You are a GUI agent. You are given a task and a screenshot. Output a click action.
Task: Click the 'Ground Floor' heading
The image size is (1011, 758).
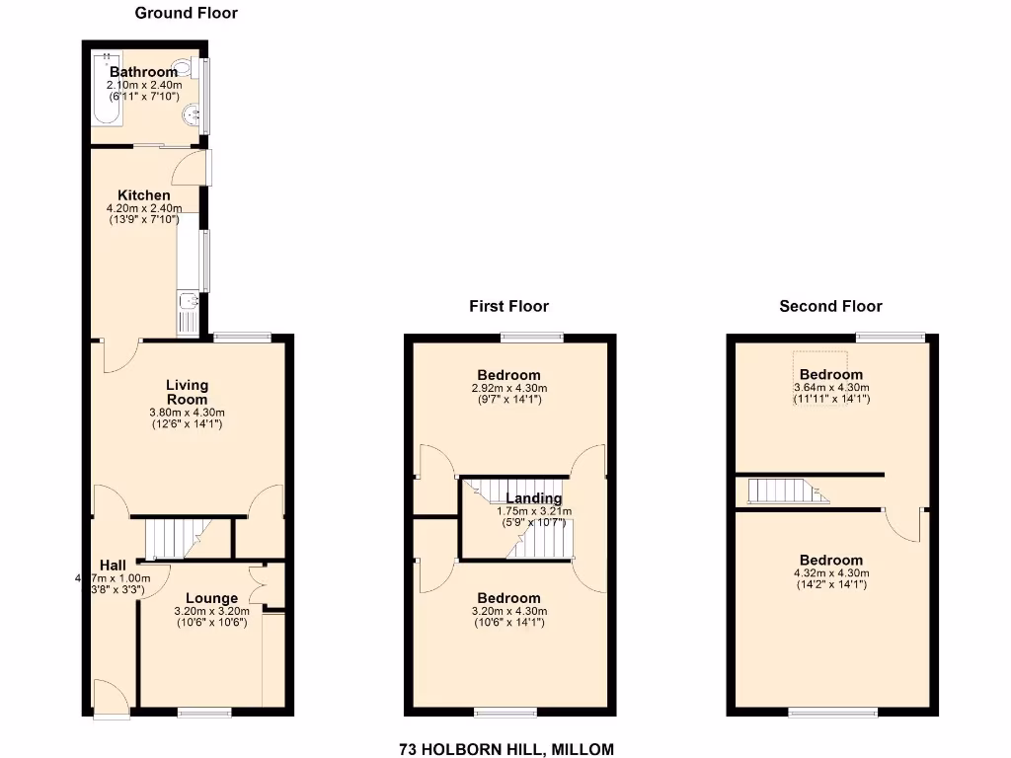click(x=186, y=13)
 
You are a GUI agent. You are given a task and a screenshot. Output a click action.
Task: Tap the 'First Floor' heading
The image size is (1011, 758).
click(x=508, y=306)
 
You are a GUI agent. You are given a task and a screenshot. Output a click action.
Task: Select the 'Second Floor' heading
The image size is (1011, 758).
click(x=830, y=306)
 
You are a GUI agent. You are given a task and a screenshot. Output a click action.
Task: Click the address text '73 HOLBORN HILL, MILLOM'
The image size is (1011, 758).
click(x=506, y=749)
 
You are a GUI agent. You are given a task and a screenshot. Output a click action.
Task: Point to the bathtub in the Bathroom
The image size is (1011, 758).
click(x=106, y=90)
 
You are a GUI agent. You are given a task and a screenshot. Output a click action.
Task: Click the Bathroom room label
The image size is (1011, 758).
click(x=143, y=72)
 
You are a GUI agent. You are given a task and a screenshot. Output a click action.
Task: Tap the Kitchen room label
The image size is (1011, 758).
click(x=144, y=195)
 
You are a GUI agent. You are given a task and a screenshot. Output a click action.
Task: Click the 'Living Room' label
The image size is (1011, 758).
click(x=187, y=392)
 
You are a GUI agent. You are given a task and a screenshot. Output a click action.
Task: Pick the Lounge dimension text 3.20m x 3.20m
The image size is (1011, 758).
click(x=211, y=611)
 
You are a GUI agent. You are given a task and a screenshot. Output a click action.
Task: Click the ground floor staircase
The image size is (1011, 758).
click(x=178, y=539)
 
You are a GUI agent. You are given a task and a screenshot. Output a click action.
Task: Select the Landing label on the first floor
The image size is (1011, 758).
click(x=533, y=498)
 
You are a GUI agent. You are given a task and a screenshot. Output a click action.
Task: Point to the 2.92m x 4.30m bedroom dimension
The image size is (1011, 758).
click(x=508, y=389)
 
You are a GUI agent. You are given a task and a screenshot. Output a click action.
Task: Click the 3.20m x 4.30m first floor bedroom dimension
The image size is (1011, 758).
click(x=508, y=612)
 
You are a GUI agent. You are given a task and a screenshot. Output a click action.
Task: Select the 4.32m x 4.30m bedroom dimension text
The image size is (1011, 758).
click(x=830, y=572)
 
